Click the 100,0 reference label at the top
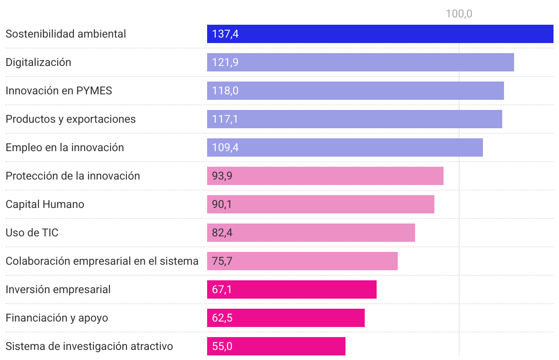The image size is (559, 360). pyautogui.click(x=459, y=14)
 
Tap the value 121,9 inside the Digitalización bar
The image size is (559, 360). pyautogui.click(x=225, y=62)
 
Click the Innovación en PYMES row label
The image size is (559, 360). pyautogui.click(x=59, y=91)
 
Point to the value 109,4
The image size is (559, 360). pyautogui.click(x=225, y=147)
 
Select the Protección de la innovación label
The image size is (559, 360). pyautogui.click(x=73, y=176)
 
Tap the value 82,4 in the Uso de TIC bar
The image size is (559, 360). pyautogui.click(x=222, y=233)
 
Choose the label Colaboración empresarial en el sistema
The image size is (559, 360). pyautogui.click(x=102, y=261)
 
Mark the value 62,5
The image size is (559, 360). pyautogui.click(x=222, y=318)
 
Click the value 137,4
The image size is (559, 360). pyautogui.click(x=225, y=34)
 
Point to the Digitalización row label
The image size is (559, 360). pyautogui.click(x=38, y=62)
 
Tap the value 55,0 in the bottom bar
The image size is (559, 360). pyautogui.click(x=222, y=346)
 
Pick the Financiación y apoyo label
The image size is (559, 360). pyautogui.click(x=57, y=318)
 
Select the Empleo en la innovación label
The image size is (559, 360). pyautogui.click(x=65, y=147)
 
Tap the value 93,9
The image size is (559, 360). pyautogui.click(x=222, y=176)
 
